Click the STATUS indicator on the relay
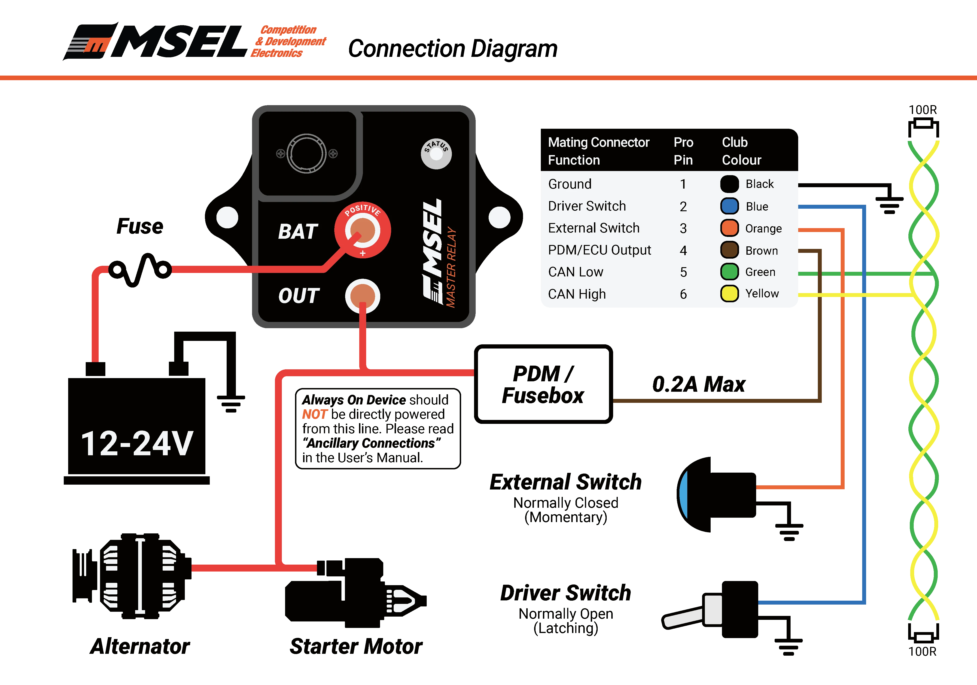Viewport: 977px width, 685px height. click(436, 153)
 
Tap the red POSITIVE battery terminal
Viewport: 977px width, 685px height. click(362, 230)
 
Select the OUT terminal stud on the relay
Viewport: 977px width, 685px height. click(362, 296)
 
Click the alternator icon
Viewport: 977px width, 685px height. click(132, 576)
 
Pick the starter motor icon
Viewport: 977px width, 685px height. click(355, 593)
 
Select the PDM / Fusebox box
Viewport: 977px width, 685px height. click(543, 384)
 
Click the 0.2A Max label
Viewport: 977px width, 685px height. click(699, 384)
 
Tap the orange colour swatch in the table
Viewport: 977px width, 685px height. click(729, 228)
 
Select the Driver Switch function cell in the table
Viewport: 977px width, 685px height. click(587, 206)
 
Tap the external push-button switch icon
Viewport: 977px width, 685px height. click(716, 495)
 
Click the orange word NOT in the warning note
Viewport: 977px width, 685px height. click(314, 414)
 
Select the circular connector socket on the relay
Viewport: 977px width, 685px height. click(306, 153)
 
